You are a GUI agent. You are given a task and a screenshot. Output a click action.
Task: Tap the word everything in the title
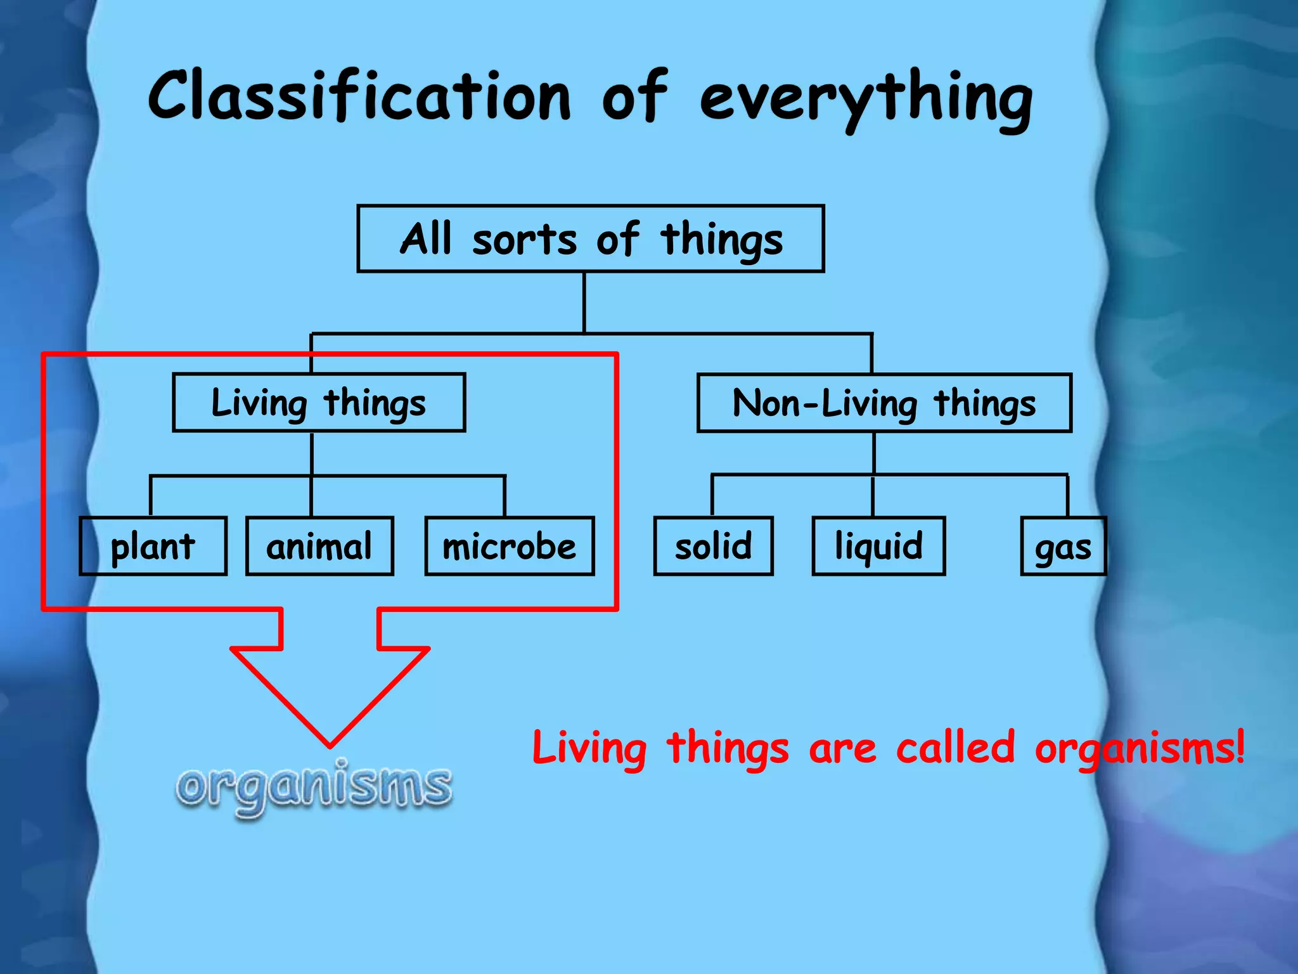point(866,98)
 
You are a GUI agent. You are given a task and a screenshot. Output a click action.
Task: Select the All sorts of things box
point(591,239)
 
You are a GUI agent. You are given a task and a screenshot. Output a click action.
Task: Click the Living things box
point(319,403)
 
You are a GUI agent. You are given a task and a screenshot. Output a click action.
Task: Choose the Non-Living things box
point(884,403)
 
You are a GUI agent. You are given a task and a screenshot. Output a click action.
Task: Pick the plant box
point(153,546)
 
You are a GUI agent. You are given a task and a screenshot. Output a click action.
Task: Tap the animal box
point(319,546)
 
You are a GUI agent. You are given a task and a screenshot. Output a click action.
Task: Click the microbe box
point(510,546)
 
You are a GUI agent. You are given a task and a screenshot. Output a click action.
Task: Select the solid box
point(713,546)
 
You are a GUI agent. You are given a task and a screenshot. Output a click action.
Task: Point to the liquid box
point(878,546)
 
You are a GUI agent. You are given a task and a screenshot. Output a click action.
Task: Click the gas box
point(1063,547)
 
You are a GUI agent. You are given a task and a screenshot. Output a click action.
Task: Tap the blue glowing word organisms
point(314,786)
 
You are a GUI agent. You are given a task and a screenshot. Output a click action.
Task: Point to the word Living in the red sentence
point(589,748)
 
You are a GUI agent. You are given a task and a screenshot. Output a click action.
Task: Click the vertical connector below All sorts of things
point(584,302)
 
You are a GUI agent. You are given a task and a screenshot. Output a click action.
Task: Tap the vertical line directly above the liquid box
point(873,496)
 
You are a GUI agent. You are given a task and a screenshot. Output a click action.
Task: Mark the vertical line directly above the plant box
point(151,496)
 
